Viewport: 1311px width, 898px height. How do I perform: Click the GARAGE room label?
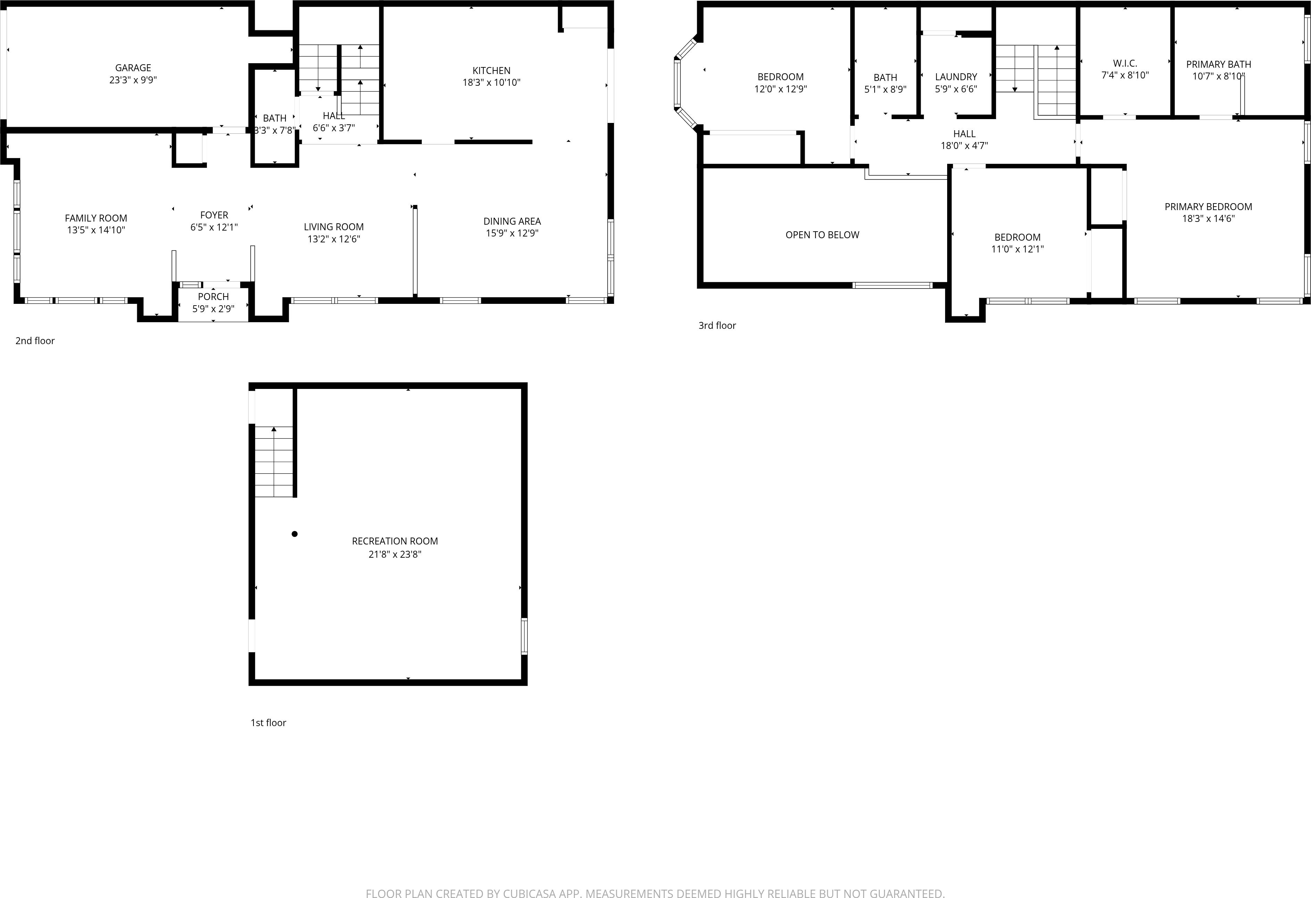(x=133, y=68)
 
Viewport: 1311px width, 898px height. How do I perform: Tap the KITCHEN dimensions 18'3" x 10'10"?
(x=491, y=82)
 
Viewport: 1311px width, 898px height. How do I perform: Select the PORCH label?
(x=213, y=297)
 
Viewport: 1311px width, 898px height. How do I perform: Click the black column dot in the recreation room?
(x=294, y=534)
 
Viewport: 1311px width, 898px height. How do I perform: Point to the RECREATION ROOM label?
(x=395, y=541)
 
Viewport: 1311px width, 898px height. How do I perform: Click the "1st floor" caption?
(x=268, y=723)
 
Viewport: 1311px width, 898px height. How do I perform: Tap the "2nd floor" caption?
(x=35, y=341)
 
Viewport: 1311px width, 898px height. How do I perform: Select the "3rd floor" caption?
(x=717, y=325)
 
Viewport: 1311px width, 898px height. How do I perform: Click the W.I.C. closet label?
(x=1125, y=63)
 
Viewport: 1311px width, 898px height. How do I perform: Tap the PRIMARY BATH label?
(x=1219, y=64)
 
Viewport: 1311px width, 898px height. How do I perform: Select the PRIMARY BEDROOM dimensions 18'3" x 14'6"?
(x=1208, y=219)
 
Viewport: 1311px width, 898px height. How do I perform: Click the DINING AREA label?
(x=512, y=221)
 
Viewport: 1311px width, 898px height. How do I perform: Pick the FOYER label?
(x=214, y=215)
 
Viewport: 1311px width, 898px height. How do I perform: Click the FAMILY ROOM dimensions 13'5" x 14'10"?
(x=96, y=230)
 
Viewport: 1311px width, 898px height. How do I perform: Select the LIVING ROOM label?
(x=333, y=227)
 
